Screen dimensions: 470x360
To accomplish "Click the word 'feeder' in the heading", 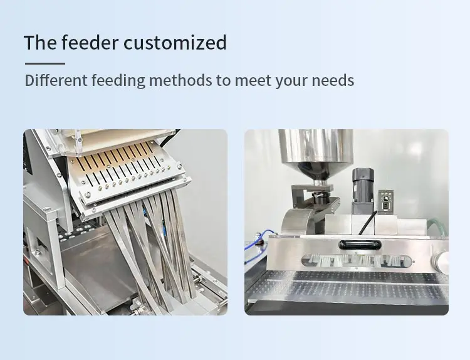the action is click(90, 42).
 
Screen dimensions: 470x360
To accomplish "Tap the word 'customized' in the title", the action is click(175, 42).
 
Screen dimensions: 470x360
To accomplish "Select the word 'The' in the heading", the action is click(40, 42).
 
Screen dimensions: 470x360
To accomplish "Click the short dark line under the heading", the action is click(45, 63).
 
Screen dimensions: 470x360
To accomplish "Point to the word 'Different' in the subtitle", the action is click(56, 80).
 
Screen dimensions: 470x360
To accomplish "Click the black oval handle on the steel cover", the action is click(360, 245).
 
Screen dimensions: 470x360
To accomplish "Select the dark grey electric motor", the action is click(363, 191).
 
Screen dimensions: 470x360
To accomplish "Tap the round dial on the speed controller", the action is click(386, 199).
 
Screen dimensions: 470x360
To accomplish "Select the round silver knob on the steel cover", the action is click(442, 260).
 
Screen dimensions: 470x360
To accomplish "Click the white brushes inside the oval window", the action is click(357, 260).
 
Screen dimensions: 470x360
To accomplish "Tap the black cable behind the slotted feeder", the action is click(169, 139).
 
